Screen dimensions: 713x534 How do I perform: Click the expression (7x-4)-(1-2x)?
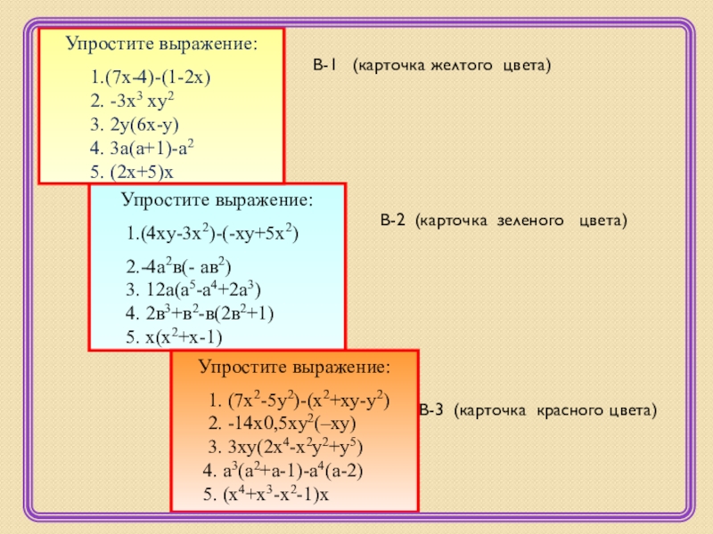click(153, 78)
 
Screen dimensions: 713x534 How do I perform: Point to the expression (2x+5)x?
click(144, 171)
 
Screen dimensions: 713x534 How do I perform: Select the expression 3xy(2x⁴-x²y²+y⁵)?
click(293, 447)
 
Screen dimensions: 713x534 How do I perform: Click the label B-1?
click(324, 66)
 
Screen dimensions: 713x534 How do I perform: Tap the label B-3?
click(432, 410)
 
